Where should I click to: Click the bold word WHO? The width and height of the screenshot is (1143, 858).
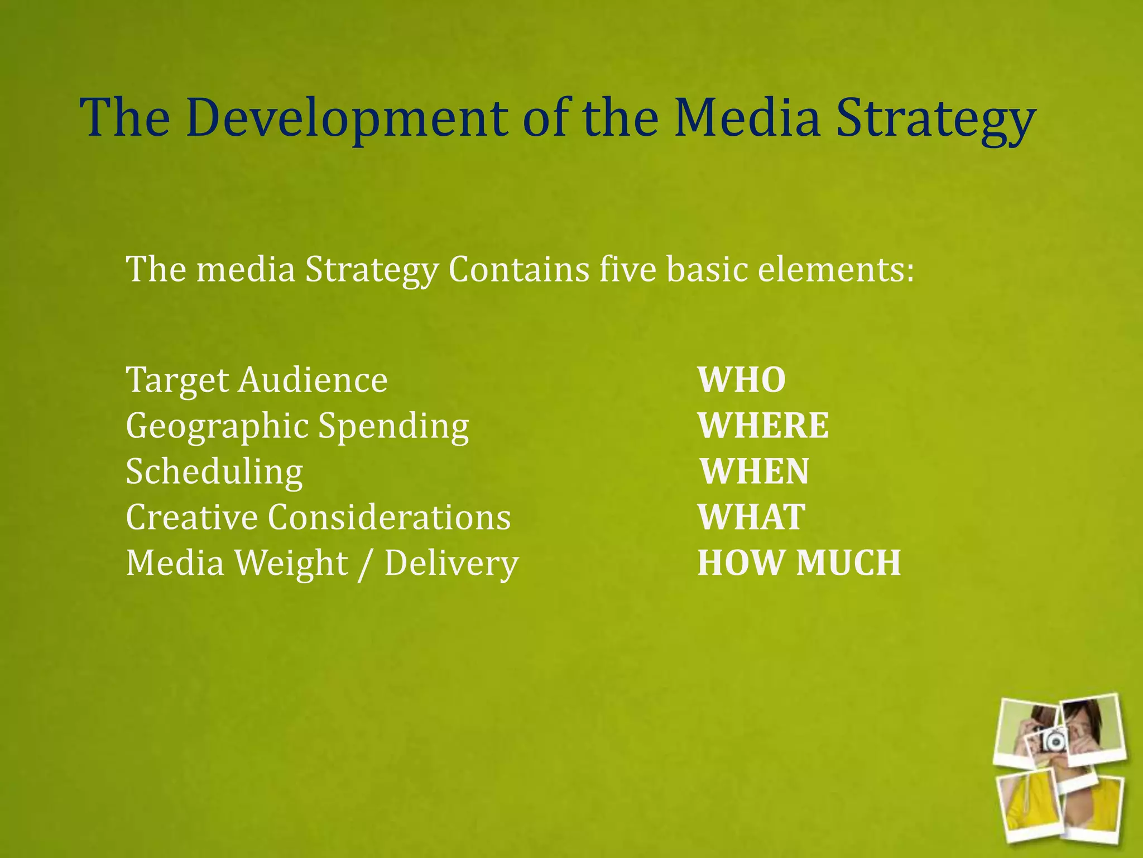tap(742, 380)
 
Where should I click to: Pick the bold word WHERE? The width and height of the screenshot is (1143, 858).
tap(763, 426)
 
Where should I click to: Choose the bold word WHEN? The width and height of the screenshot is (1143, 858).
tap(755, 471)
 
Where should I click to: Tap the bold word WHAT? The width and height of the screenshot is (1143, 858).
tap(751, 517)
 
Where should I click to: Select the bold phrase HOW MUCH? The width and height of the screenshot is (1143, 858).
tap(799, 563)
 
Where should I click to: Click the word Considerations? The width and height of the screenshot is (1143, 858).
tap(389, 517)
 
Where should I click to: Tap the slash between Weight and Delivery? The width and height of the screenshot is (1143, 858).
tap(366, 564)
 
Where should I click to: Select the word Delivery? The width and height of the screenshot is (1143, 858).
tap(452, 564)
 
